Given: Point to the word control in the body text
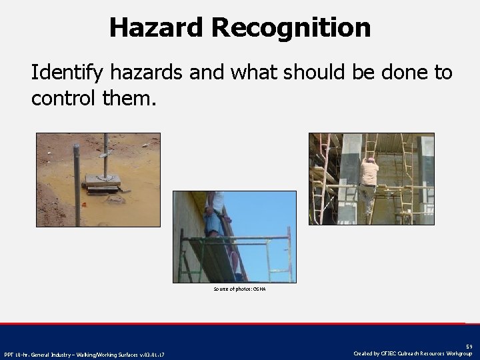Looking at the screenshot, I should tap(63, 99).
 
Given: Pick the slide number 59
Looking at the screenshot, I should tap(469, 347).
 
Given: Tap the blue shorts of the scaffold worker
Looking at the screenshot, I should tap(213, 219).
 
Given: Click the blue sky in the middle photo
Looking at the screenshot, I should tap(267, 213).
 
